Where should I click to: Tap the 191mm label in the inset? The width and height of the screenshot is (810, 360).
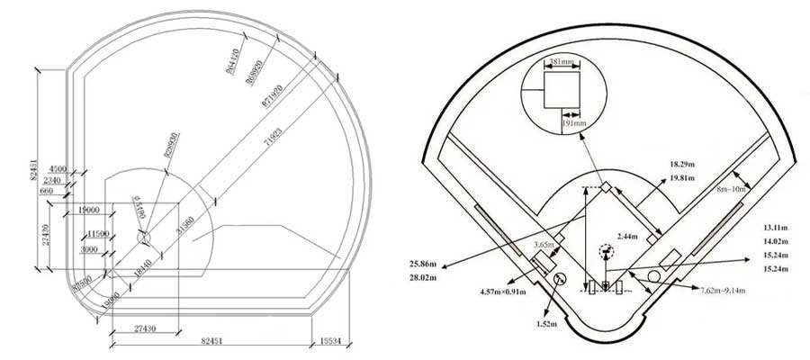[x=574, y=122]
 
